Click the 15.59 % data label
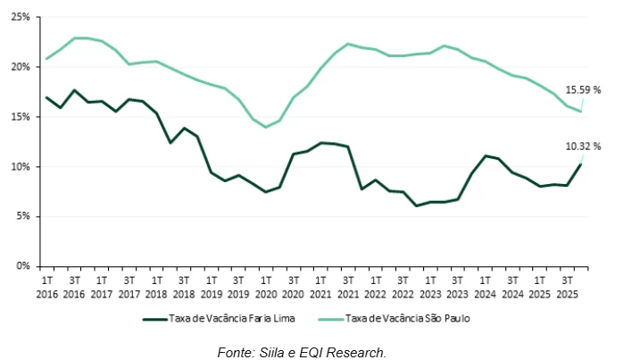click(584, 89)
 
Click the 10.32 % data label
click(584, 146)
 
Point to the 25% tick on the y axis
click(21, 18)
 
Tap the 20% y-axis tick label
click(21, 67)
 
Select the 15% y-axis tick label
click(21, 117)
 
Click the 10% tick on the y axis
click(21, 167)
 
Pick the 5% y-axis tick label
click(24, 216)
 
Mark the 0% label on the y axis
click(24, 266)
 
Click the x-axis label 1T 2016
click(46, 286)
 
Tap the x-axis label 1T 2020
click(266, 286)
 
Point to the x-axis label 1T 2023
click(430, 286)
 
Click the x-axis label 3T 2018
click(184, 286)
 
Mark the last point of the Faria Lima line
click(581, 163)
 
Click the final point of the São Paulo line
click(581, 111)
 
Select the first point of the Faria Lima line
click(46, 97)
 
